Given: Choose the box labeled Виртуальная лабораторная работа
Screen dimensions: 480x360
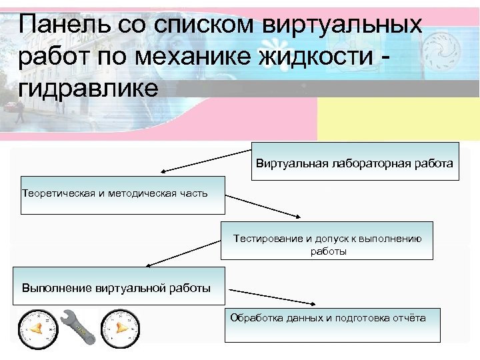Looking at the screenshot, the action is click(355, 161).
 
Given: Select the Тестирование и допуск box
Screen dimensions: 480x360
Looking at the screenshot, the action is click(327, 241).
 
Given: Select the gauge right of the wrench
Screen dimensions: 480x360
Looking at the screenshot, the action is click(121, 327).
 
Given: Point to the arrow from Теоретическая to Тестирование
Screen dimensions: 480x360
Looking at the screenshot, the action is click(263, 205).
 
